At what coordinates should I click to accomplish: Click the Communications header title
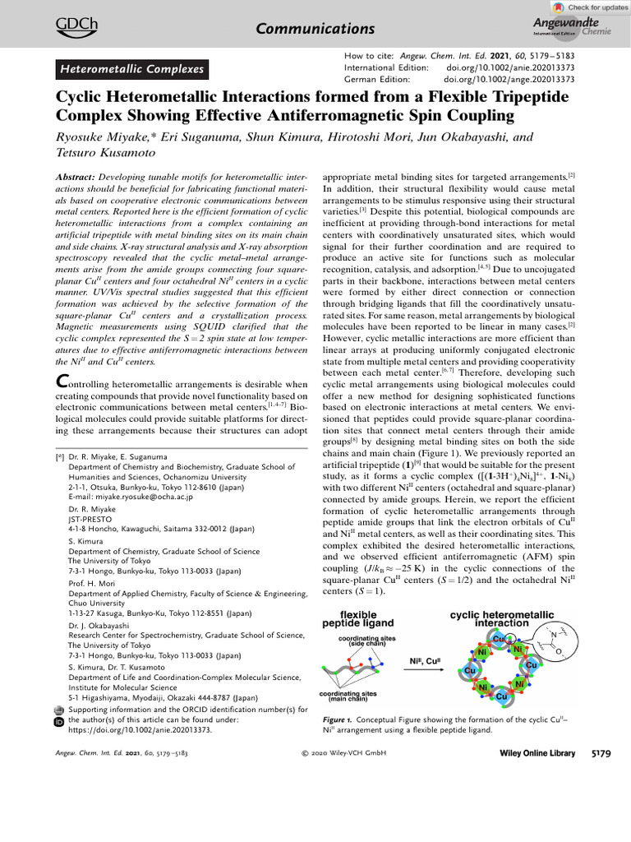click(315, 30)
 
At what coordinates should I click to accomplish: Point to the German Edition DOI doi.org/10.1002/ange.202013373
click(509, 79)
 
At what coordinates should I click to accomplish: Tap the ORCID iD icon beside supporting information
click(58, 721)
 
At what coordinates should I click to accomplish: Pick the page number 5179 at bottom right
click(606, 753)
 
